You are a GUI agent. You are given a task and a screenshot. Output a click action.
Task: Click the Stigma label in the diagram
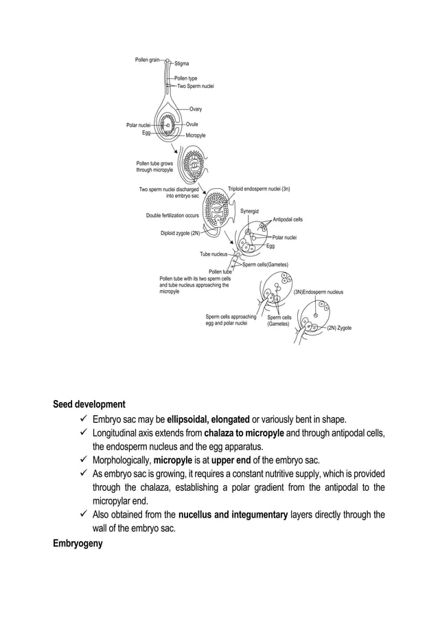click(181, 63)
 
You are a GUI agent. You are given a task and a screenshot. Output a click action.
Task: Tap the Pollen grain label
click(147, 60)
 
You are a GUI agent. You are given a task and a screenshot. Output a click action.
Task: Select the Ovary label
click(196, 109)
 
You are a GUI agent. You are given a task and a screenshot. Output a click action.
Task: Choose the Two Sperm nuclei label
click(196, 87)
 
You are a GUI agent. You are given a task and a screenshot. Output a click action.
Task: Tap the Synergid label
click(249, 210)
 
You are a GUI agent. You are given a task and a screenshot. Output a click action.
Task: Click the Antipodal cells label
click(288, 219)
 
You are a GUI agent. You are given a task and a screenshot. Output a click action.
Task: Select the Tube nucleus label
click(214, 254)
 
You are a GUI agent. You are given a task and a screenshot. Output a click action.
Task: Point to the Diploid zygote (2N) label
click(180, 233)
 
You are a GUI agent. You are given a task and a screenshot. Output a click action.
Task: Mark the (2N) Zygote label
click(339, 328)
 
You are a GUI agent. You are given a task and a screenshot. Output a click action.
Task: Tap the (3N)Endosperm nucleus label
click(319, 292)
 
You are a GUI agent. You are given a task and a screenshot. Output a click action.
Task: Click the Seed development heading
click(89, 404)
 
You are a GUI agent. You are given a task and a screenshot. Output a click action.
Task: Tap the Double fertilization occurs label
click(172, 215)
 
